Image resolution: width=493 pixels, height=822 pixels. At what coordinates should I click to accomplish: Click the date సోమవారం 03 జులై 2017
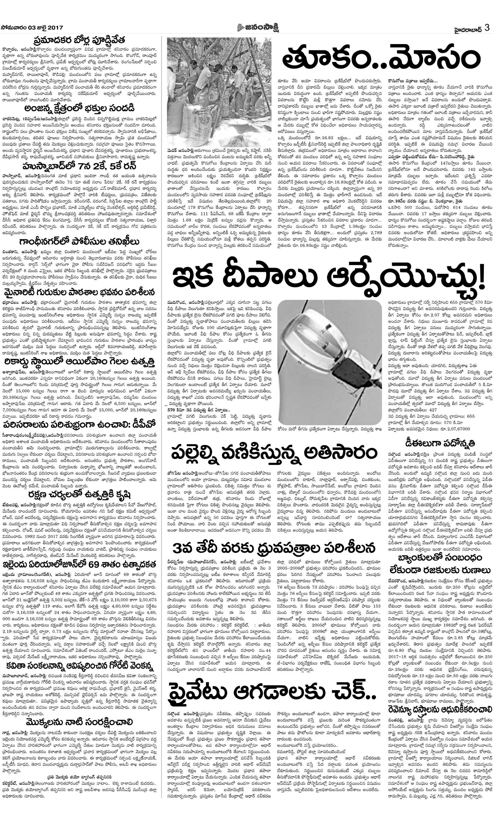pyautogui.click(x=32, y=28)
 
